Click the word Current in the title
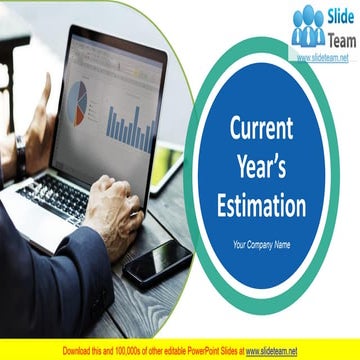point(262,129)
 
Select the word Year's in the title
point(262,167)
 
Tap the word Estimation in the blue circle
point(262,206)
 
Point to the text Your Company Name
point(262,244)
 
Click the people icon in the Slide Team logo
point(308,29)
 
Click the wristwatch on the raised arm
point(20,153)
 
